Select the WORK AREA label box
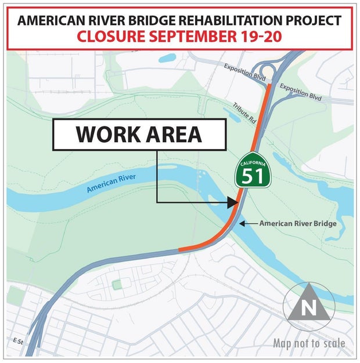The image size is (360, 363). click(139, 135)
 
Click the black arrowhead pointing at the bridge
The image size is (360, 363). click(232, 202)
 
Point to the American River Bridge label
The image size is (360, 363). click(298, 223)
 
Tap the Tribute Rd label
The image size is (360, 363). click(244, 114)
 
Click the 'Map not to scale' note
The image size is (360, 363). click(309, 343)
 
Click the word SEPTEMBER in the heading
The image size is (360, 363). click(196, 37)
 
